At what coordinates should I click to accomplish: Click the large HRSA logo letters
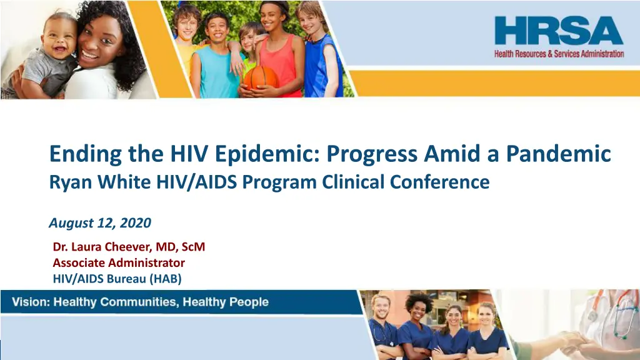tap(559, 31)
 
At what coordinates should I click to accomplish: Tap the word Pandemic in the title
tap(558, 154)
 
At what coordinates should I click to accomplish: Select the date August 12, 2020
tap(100, 223)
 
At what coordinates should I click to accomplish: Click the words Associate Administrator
tap(119, 262)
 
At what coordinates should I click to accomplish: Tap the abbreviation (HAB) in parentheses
tap(165, 279)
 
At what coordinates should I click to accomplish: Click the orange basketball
tap(261, 77)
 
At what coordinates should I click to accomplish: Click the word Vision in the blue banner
tap(30, 302)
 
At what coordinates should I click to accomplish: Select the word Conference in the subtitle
tap(439, 182)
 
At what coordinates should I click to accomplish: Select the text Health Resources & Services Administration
tap(559, 54)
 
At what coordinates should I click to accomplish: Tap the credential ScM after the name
tap(193, 246)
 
